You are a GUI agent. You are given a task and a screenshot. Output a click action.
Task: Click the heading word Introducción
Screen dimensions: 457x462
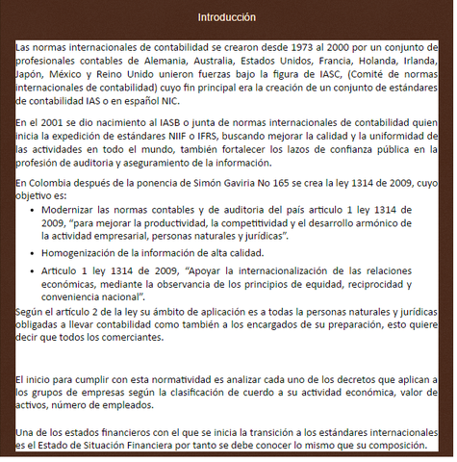(227, 18)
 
